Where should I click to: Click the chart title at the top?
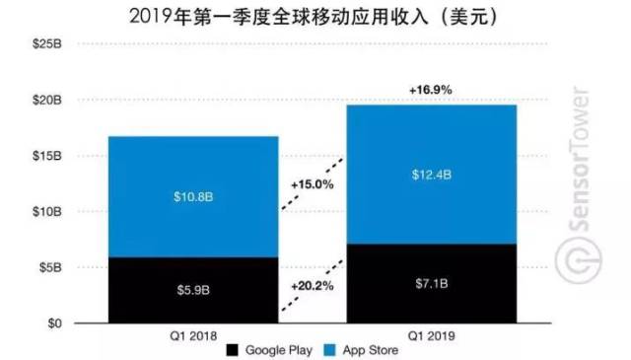pyautogui.click(x=315, y=15)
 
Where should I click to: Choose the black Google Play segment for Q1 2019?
pyautogui.click(x=432, y=284)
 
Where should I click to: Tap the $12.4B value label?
pyautogui.click(x=432, y=175)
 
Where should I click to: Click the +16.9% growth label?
pyautogui.click(x=430, y=90)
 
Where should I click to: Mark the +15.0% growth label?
pyautogui.click(x=312, y=184)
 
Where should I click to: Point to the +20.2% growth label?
pyautogui.click(x=312, y=286)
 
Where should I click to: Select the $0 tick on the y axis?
pyautogui.click(x=54, y=324)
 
